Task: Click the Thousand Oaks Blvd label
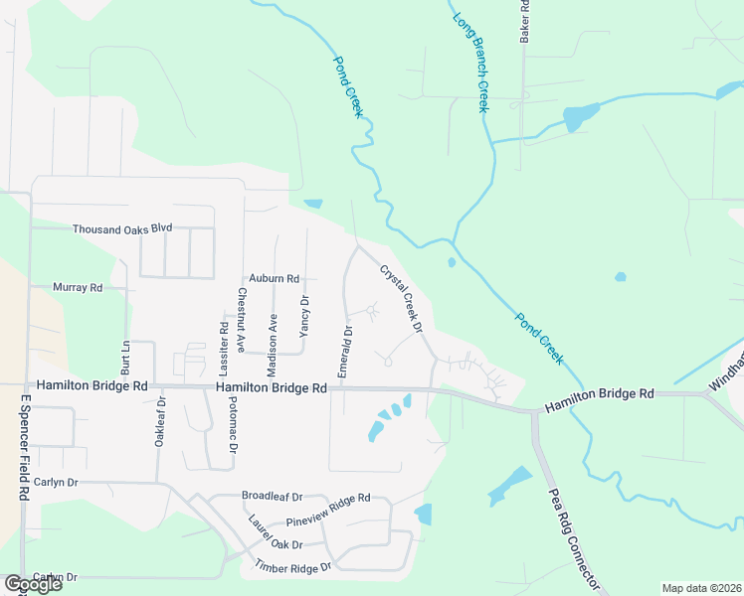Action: click(122, 228)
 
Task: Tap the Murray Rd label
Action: click(79, 288)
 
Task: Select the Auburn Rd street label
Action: click(275, 279)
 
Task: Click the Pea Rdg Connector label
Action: click(575, 537)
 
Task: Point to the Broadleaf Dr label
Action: click(272, 494)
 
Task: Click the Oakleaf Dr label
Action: click(159, 421)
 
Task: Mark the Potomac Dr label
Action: click(232, 423)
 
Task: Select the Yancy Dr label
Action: click(305, 315)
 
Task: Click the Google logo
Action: click(33, 584)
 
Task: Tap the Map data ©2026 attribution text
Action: click(701, 588)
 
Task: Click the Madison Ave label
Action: click(272, 343)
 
